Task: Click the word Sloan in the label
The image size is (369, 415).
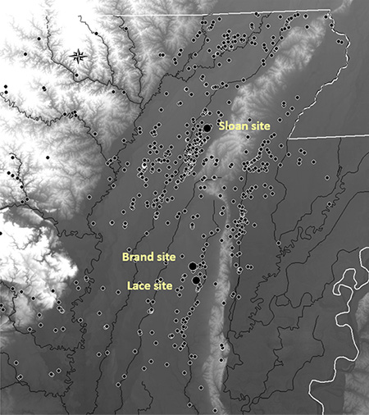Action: coord(231,125)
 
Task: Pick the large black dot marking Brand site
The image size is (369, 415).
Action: coord(192,266)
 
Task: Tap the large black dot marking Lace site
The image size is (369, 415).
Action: coord(197,280)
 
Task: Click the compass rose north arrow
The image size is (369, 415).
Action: coord(79,56)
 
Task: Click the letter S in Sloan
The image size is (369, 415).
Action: coord(221,125)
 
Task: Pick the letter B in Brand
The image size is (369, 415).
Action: coord(125,257)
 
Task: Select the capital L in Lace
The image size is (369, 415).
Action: coord(129,285)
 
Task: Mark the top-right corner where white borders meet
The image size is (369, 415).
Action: coord(330,11)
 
